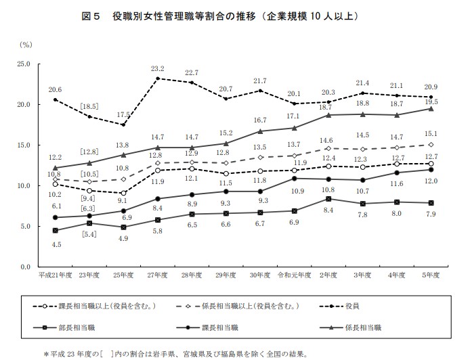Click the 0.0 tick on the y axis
tap(26, 266)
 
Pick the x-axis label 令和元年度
tap(294, 276)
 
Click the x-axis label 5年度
tap(431, 276)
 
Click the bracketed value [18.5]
tap(89, 106)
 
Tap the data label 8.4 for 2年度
tap(328, 210)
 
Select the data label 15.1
tap(431, 134)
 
